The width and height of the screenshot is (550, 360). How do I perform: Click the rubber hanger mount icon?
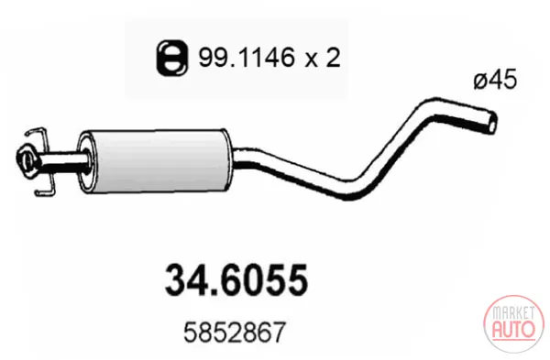pyautogui.click(x=172, y=58)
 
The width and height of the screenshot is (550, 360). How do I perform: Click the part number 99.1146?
pyautogui.click(x=247, y=58)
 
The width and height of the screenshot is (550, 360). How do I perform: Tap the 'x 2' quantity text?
pyautogui.click(x=323, y=58)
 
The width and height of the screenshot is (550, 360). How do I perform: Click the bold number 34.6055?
pyautogui.click(x=236, y=279)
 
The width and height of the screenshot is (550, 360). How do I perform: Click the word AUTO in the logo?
pyautogui.click(x=514, y=329)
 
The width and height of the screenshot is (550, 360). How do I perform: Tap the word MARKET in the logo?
pyautogui.click(x=513, y=312)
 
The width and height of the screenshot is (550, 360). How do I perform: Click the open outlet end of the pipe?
pyautogui.click(x=492, y=122)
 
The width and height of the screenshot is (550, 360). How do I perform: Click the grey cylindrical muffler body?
pyautogui.click(x=154, y=160)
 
